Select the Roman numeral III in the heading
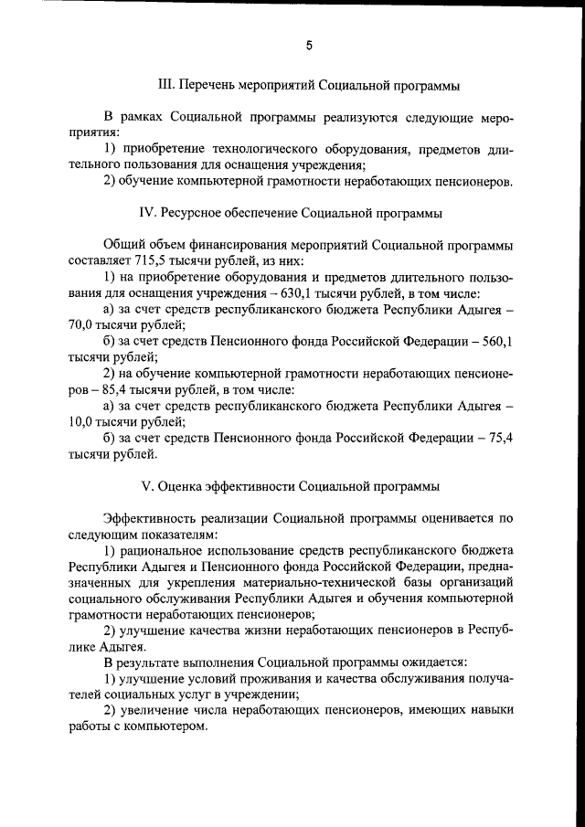pyautogui.click(x=166, y=86)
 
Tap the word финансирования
pyautogui.click(x=230, y=244)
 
